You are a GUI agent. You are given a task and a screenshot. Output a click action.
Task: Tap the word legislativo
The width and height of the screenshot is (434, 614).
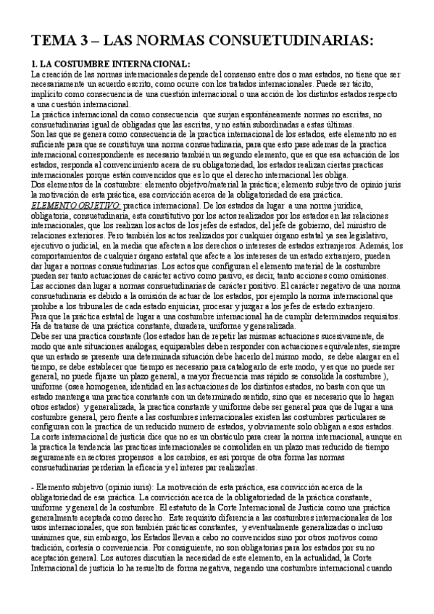click(x=385, y=237)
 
